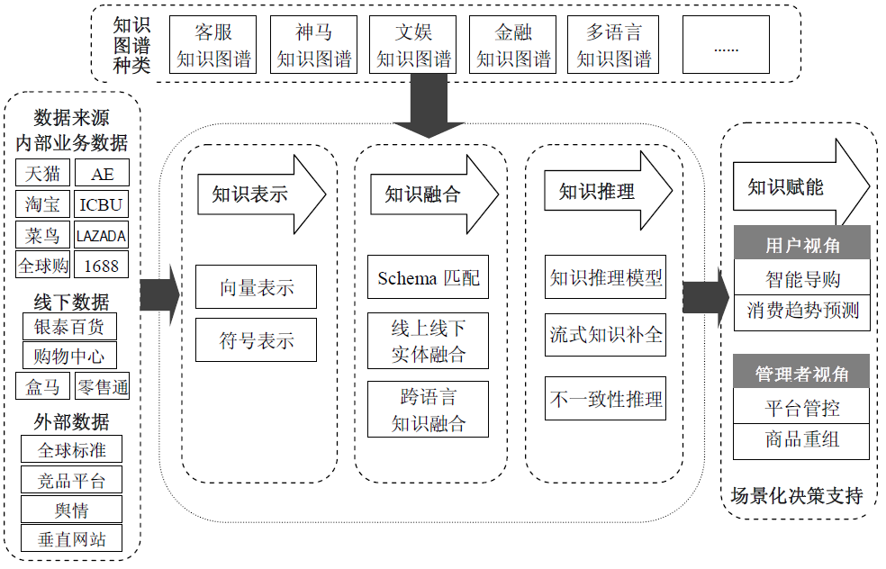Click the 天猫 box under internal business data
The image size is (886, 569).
click(x=41, y=174)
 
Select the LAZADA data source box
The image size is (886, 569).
click(x=101, y=236)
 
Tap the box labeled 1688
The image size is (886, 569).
click(x=101, y=266)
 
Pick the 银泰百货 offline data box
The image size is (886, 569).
click(x=69, y=326)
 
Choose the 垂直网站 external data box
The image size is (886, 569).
click(x=71, y=539)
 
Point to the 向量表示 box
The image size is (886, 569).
click(x=257, y=287)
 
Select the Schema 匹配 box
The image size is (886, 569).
click(x=428, y=278)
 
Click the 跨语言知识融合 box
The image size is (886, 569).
click(x=428, y=410)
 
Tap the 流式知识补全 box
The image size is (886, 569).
click(x=606, y=334)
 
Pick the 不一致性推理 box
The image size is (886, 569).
click(x=606, y=399)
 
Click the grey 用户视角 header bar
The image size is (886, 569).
click(x=800, y=244)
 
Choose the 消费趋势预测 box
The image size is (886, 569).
click(x=800, y=311)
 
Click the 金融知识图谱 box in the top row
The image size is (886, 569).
click(x=513, y=45)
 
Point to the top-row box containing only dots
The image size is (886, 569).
click(x=725, y=45)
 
